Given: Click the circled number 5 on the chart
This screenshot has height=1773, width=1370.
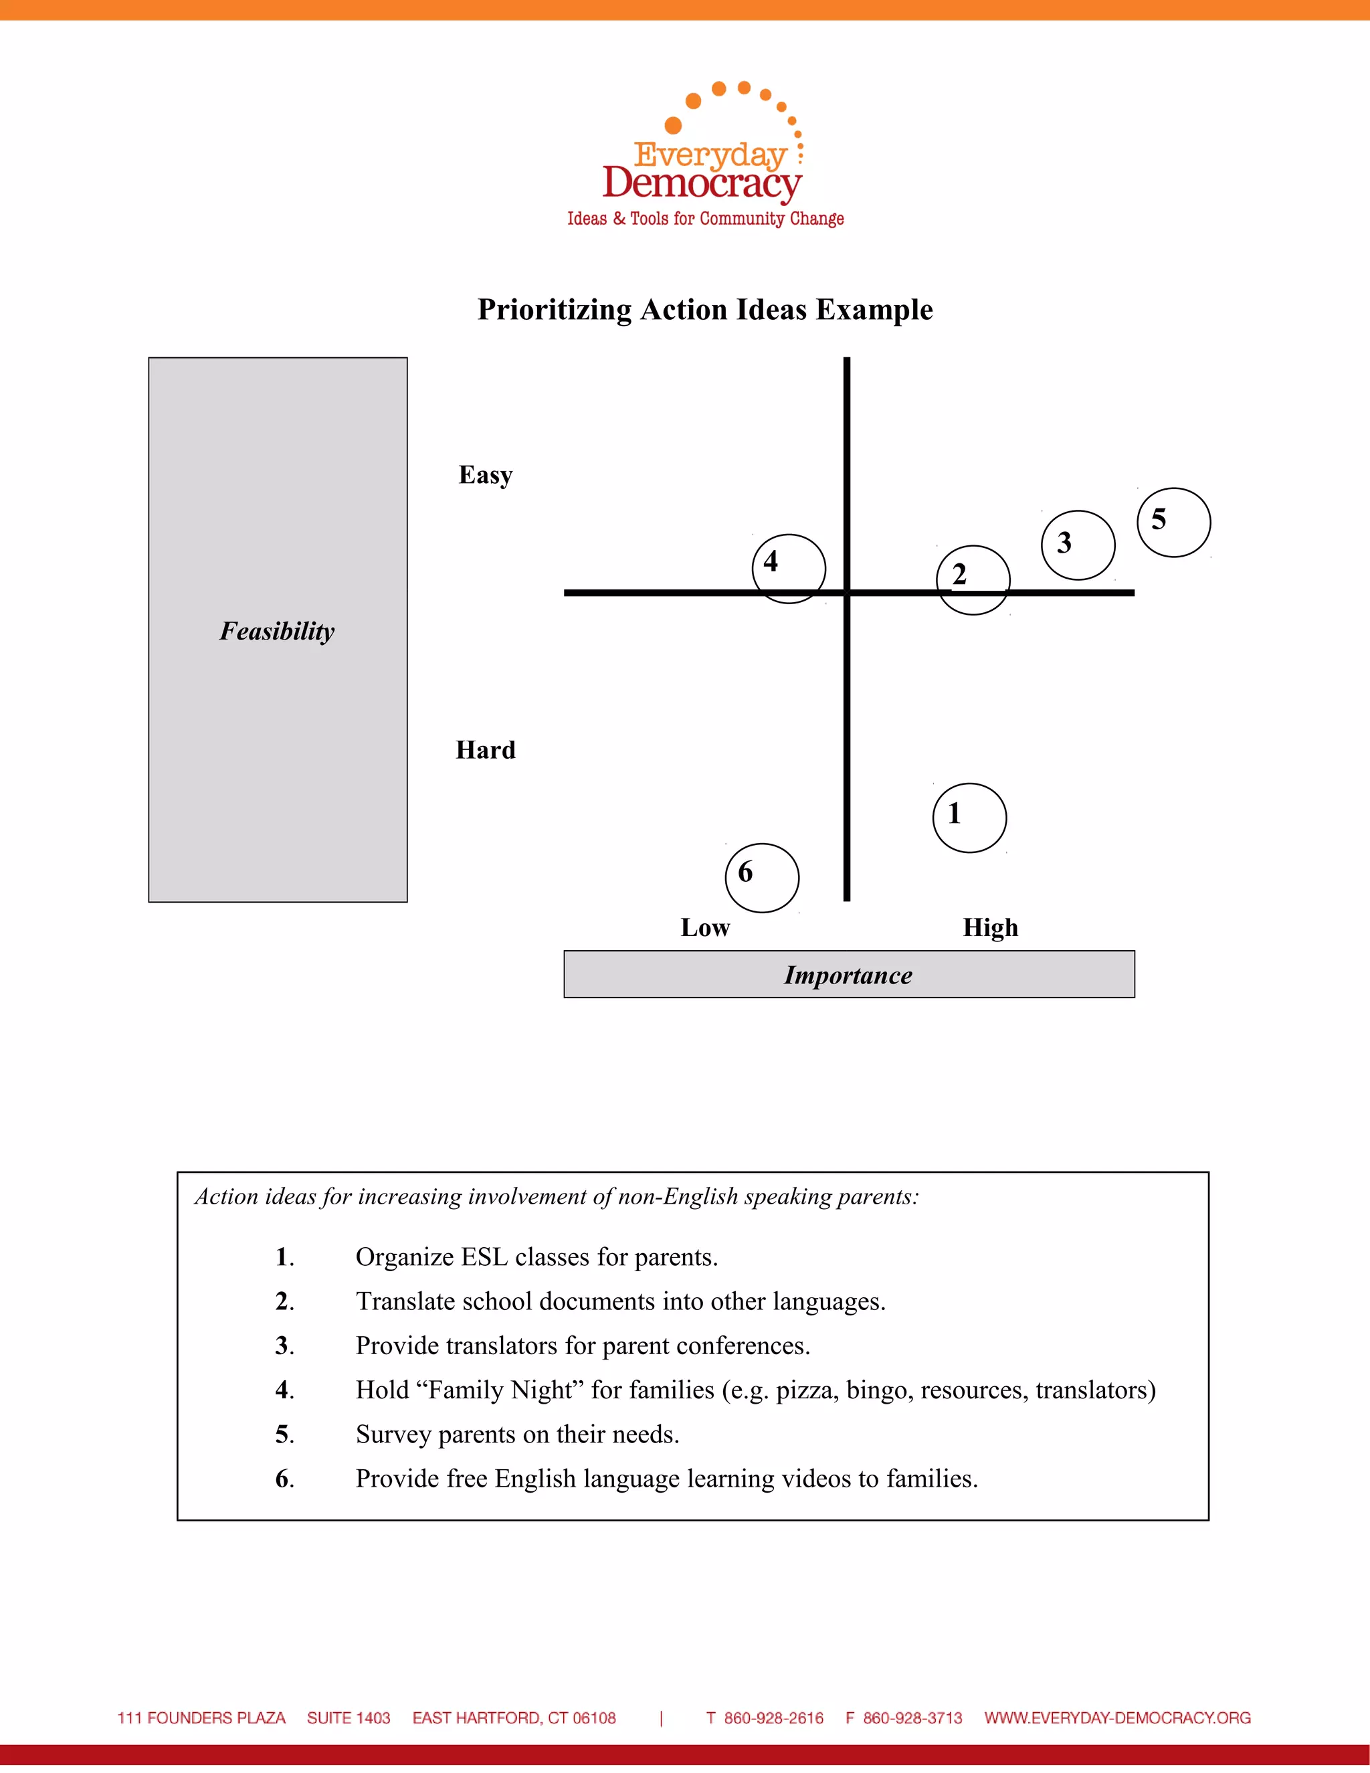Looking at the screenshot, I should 1173,522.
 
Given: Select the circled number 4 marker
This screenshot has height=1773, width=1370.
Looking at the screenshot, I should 788,568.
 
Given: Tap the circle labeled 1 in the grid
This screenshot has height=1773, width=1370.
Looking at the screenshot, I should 969,818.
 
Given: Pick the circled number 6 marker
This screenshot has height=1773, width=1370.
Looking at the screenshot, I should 761,878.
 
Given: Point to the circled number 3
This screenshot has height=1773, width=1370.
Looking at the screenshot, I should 1078,545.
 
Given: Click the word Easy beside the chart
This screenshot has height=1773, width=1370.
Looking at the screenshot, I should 486,475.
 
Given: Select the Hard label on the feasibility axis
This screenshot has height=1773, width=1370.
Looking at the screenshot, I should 486,749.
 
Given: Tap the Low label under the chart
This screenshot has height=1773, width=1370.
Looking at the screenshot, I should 704,927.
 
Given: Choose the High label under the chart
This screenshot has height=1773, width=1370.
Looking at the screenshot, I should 990,927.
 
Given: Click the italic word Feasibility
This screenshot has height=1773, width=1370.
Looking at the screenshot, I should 277,631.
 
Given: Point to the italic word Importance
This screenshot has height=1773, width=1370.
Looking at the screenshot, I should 848,975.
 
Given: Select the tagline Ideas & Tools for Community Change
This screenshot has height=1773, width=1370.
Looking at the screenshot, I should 705,218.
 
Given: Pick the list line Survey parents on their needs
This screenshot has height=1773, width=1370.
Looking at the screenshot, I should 517,1434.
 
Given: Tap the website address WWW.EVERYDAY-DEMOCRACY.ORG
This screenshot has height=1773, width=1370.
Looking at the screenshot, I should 1118,1717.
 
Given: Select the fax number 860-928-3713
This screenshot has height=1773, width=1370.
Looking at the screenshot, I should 912,1717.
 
